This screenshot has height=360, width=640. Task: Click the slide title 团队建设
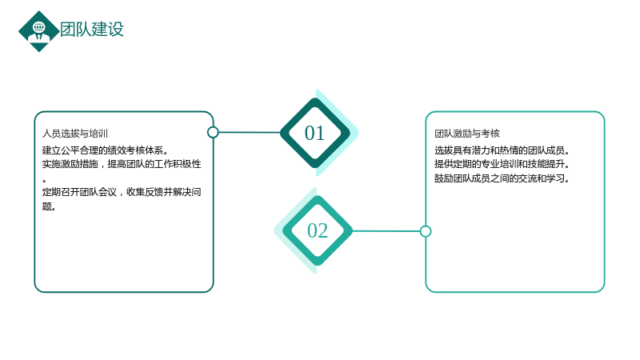92,30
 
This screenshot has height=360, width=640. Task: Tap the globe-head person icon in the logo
38,32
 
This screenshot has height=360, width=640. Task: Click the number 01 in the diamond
314,133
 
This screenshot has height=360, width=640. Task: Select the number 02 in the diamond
318,230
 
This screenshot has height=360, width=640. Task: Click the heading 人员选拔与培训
75,134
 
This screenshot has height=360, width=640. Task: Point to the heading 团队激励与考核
467,134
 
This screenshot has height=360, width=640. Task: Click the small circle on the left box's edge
213,132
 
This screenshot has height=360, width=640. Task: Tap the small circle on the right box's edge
426,231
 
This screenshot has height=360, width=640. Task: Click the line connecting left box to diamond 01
250,132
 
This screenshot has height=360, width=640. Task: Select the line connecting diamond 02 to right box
386,231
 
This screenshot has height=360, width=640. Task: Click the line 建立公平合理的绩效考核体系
105,150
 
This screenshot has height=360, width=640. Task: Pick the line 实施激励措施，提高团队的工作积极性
122,164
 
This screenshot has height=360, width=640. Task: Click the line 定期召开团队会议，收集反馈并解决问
122,192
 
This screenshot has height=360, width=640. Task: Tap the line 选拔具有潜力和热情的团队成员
502,150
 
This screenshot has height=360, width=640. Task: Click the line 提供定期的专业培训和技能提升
502,164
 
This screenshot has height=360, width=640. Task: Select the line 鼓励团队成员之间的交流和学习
502,178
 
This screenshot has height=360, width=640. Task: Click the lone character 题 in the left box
46,206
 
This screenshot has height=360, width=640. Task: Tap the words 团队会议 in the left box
98,192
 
